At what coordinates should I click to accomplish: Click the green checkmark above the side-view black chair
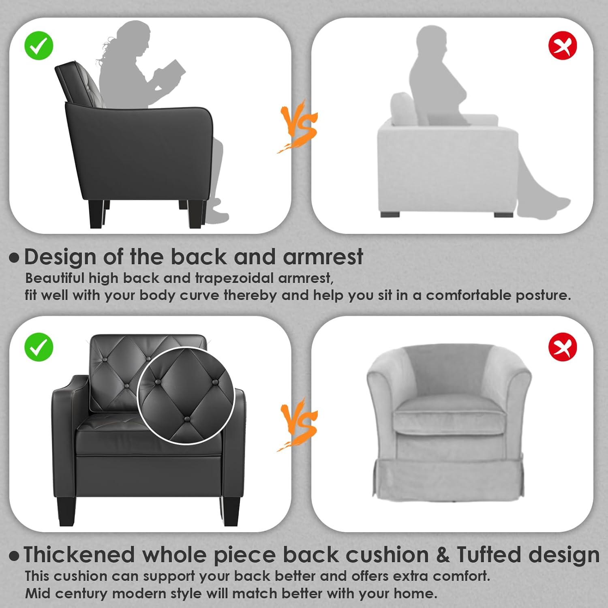pyautogui.click(x=39, y=45)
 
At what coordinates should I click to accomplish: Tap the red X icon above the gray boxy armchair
pyautogui.click(x=563, y=45)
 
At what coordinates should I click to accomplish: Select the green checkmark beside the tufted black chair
pyautogui.click(x=39, y=347)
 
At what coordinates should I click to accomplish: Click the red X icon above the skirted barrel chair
pyautogui.click(x=563, y=347)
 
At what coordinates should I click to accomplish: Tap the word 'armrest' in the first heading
pyautogui.click(x=323, y=257)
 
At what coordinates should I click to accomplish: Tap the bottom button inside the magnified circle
pyautogui.click(x=186, y=419)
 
